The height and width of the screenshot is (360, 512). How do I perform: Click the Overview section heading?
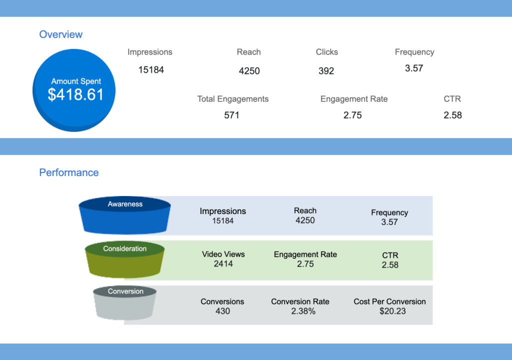[60, 34]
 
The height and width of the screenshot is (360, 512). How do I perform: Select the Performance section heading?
[69, 172]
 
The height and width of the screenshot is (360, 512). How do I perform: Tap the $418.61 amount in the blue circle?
[75, 94]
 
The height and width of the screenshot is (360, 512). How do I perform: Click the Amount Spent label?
[76, 81]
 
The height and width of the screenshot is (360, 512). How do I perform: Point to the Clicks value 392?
[326, 71]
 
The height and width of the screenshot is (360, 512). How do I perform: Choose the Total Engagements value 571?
[231, 115]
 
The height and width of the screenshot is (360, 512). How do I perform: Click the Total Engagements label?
[232, 99]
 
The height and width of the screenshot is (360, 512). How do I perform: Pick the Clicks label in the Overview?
[326, 52]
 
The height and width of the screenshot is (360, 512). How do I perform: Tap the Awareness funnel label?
[125, 204]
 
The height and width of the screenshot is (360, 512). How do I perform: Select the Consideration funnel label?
[125, 248]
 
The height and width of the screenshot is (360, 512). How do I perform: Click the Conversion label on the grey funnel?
[125, 291]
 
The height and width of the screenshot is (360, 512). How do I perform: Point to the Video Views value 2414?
[223, 263]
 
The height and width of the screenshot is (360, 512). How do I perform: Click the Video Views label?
[223, 254]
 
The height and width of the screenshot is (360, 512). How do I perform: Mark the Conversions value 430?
[222, 311]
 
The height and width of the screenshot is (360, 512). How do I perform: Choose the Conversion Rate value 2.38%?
[300, 311]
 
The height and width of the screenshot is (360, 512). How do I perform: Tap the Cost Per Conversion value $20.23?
[389, 311]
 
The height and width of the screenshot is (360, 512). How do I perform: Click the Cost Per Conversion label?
[389, 301]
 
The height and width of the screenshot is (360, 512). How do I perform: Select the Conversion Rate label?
[300, 301]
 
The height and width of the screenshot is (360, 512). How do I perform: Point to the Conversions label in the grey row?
[222, 301]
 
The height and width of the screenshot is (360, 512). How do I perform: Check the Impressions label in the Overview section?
[149, 52]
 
